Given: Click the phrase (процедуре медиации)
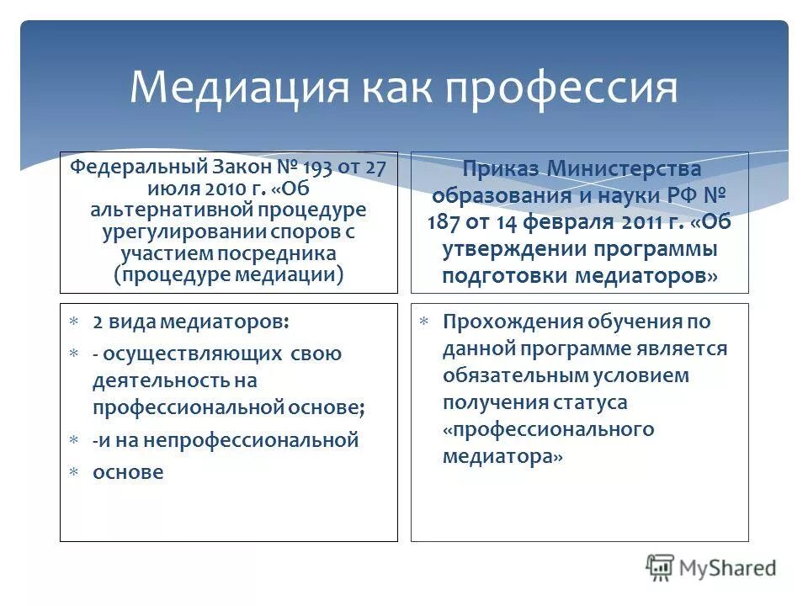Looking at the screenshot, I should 228,274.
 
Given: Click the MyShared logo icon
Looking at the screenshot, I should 660,566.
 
